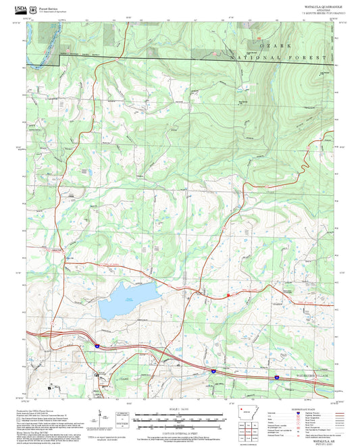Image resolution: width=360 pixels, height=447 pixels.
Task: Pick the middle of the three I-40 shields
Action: (x=213, y=371)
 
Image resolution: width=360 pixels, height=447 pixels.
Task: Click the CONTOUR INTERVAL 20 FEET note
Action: (x=179, y=427)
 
